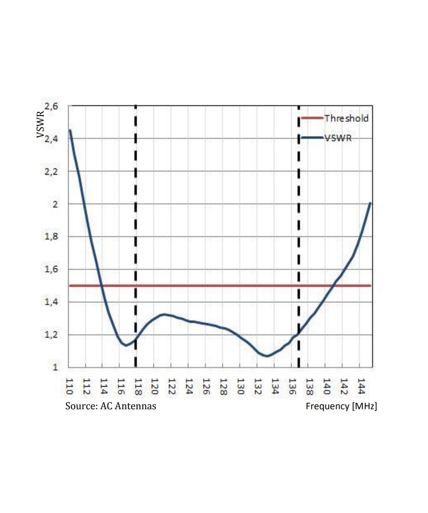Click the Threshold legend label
(346, 118)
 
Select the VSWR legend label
(338, 138)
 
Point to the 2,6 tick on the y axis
(51, 106)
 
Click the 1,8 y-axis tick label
(51, 237)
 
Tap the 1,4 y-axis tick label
(51, 302)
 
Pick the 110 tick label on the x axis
(69, 386)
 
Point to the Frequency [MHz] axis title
(341, 406)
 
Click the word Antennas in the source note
(135, 406)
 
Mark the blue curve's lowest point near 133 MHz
(267, 356)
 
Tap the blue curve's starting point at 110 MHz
(70, 130)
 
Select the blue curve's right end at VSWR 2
(370, 203)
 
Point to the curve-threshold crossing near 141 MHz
(333, 286)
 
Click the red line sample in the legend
(312, 118)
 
